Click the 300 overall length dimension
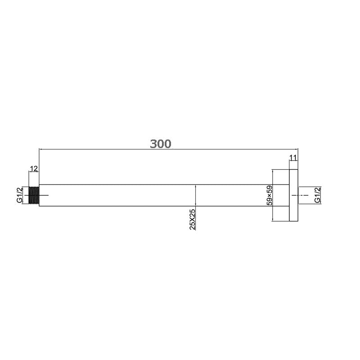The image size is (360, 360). point(161,144)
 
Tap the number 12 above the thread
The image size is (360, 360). point(34,168)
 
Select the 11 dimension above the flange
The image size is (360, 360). point(293,157)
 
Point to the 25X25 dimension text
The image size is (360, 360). point(193,220)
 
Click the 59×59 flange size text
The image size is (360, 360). point(269,195)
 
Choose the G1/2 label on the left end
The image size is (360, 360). point(19,195)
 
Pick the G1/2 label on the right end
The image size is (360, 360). point(317,195)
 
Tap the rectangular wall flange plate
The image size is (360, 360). point(293,195)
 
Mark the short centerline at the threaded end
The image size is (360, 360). point(44,195)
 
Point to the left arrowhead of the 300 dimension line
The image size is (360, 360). point(41,148)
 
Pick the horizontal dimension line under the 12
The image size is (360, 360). point(34,172)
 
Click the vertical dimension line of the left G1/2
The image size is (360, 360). point(25,195)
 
